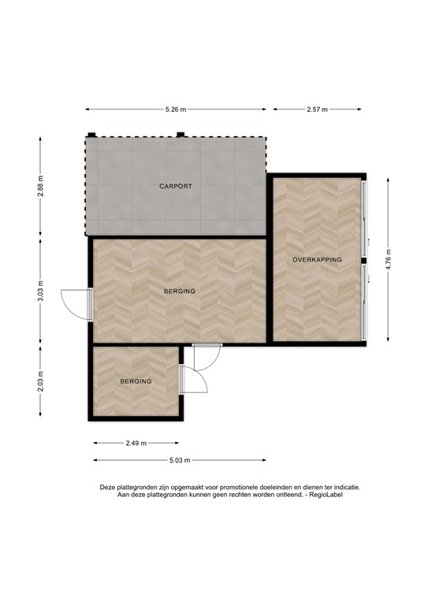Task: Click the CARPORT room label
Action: (176, 187)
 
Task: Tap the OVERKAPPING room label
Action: (317, 259)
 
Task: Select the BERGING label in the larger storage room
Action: (179, 291)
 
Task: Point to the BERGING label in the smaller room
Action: (136, 381)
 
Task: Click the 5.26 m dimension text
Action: (175, 110)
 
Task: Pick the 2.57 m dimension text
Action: (318, 110)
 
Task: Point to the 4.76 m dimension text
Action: (388, 259)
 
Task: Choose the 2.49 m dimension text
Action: (137, 444)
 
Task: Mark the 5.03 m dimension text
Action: (179, 460)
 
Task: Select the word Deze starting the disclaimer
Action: (108, 487)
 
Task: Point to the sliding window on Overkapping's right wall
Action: (363, 259)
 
